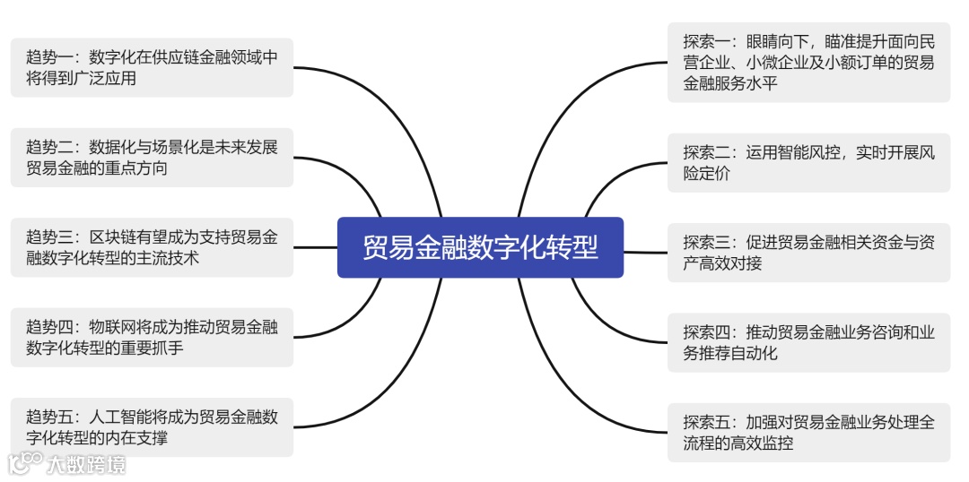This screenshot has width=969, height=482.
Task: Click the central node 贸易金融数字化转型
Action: (x=480, y=247)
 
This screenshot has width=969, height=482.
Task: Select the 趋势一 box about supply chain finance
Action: (x=152, y=68)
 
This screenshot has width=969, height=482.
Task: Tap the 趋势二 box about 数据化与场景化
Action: (x=152, y=158)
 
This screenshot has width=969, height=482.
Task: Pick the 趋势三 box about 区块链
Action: (x=152, y=247)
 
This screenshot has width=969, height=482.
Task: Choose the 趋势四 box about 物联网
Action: (x=152, y=337)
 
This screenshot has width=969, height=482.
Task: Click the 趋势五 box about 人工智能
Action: (x=152, y=426)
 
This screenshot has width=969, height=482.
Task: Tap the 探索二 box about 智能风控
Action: (x=807, y=163)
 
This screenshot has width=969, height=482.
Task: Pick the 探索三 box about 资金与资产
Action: (x=807, y=253)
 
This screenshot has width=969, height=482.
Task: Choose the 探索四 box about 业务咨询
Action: (x=807, y=342)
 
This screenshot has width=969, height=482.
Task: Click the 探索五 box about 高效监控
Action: (x=807, y=432)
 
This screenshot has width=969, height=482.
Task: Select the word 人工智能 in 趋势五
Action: (x=121, y=417)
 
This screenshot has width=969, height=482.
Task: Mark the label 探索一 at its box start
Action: (x=703, y=42)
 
